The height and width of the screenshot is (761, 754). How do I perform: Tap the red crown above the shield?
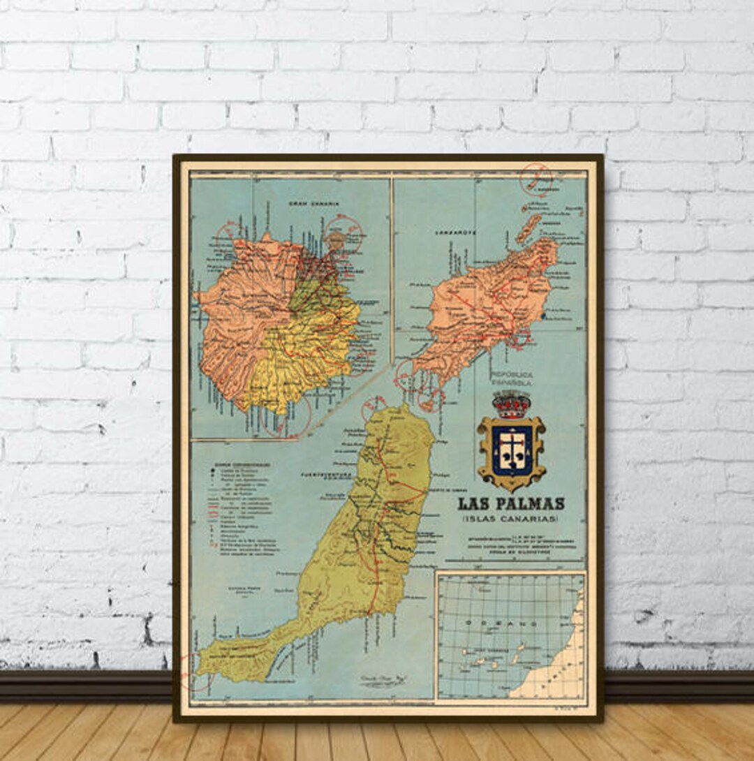click(511, 404)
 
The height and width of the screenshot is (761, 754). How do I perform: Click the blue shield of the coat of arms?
click(511, 450)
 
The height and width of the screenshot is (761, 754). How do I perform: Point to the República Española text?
click(510, 378)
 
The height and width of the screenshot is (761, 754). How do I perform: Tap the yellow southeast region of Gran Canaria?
click(307, 363)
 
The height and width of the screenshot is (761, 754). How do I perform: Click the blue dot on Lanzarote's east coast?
click(544, 316)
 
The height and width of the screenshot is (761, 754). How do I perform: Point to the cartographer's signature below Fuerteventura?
click(378, 679)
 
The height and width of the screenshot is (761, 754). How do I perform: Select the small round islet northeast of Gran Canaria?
click(337, 239)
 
